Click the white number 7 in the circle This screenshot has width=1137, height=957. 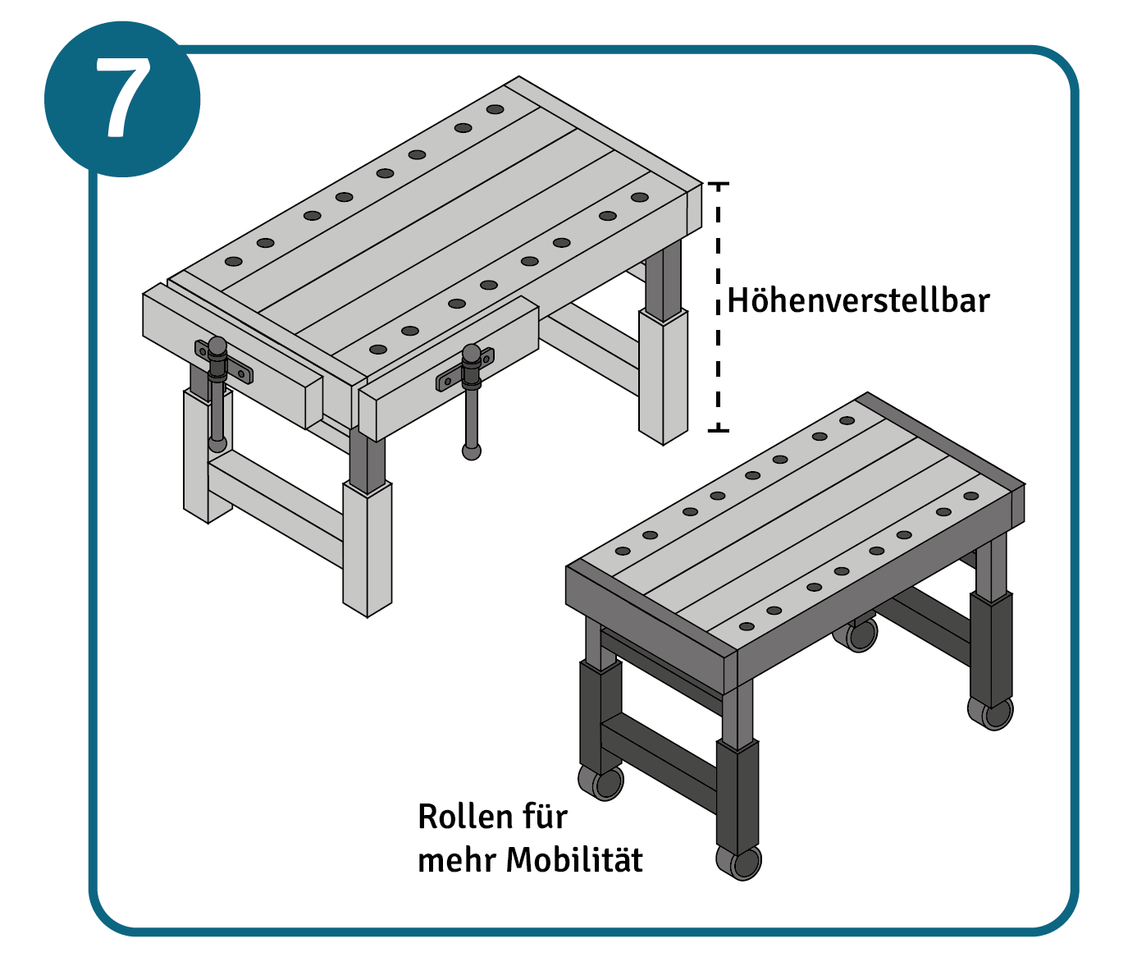point(122,98)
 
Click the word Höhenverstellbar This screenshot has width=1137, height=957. point(858,300)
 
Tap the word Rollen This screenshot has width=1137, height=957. point(465,817)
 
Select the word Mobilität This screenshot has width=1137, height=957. point(574,860)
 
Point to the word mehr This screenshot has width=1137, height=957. point(456,860)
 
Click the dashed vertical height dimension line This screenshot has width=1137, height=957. point(719,307)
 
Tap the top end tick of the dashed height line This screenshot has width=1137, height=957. point(719,184)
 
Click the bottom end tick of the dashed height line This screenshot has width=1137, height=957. point(719,431)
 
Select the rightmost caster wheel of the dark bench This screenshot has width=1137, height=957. point(990,713)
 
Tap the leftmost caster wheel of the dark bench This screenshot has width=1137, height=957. point(601,783)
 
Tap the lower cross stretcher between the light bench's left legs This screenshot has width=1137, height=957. point(276,510)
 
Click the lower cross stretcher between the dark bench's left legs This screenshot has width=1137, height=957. point(659,762)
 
